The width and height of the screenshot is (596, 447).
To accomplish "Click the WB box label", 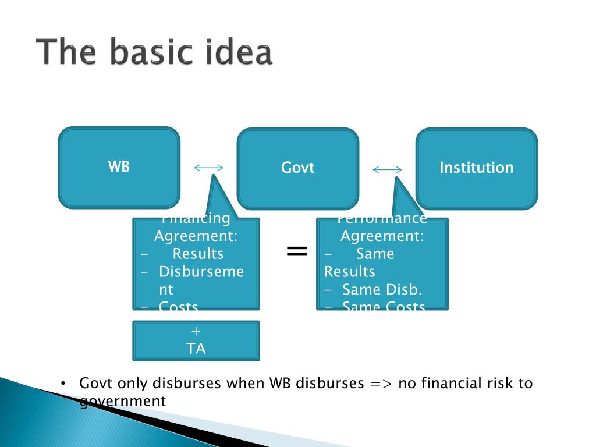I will tap(119, 166).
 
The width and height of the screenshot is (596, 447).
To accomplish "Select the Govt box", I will tap(297, 168).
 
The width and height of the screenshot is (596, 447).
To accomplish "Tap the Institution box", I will tap(476, 168).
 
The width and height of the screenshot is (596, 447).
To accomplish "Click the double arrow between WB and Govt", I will tap(208, 168).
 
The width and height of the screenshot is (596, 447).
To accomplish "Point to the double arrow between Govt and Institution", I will tap(387, 170).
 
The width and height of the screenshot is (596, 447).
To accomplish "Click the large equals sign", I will tap(297, 251).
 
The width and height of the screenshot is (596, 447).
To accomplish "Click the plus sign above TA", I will tap(196, 331).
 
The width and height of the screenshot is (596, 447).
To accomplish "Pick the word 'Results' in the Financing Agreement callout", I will tap(198, 254).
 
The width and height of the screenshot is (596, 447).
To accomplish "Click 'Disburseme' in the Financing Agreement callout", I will tap(201, 272).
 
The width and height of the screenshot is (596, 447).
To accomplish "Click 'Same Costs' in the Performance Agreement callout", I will tap(384, 306).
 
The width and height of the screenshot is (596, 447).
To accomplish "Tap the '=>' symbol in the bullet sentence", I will tap(382, 384).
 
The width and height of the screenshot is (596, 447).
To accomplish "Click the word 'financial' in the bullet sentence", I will tap(449, 384).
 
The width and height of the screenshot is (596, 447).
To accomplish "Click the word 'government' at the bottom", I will tap(123, 401).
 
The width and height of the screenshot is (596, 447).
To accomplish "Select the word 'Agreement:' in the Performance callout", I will tap(382, 237).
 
